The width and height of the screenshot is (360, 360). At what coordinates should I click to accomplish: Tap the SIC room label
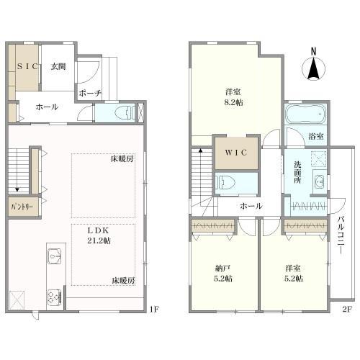[x=27, y=66]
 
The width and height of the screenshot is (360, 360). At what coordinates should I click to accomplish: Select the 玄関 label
[x=58, y=66]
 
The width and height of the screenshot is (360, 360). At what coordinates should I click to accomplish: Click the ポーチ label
[x=90, y=93]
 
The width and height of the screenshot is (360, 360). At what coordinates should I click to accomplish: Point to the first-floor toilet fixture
[x=125, y=113]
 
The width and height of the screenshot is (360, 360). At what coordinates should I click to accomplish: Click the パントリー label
[x=22, y=207]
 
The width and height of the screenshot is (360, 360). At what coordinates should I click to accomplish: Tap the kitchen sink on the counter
[x=54, y=256]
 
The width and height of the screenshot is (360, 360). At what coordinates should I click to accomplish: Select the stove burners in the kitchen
[x=54, y=297]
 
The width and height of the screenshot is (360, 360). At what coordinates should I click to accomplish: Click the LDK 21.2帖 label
[x=99, y=235]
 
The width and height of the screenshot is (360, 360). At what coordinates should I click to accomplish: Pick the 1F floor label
[x=153, y=310]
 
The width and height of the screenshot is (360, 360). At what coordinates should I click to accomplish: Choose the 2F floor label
[x=347, y=310]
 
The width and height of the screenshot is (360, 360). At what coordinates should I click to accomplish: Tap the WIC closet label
[x=236, y=153]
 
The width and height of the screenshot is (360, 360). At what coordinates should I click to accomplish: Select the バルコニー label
[x=341, y=235]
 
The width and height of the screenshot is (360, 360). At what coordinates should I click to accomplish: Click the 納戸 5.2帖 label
[x=223, y=274]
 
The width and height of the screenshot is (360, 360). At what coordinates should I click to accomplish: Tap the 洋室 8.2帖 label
[x=233, y=97]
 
